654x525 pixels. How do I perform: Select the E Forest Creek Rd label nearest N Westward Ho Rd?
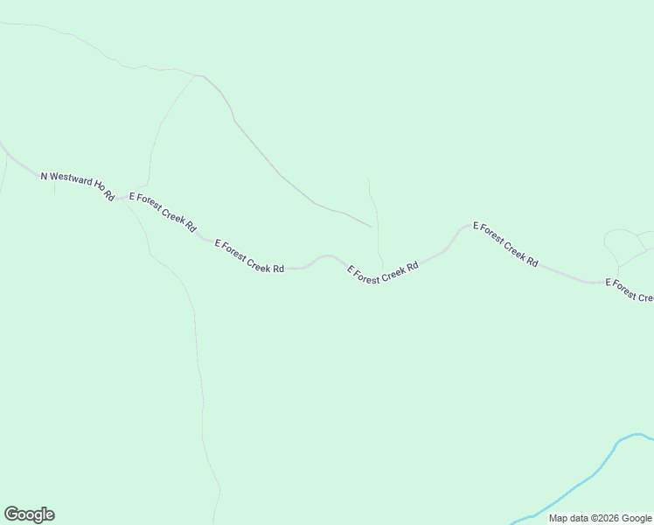(x=163, y=211)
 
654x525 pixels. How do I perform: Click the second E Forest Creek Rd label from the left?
(x=249, y=256)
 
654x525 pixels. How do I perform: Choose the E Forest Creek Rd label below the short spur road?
(x=383, y=272)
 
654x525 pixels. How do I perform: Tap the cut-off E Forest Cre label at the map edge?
(x=630, y=291)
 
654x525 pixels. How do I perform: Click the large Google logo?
(x=29, y=514)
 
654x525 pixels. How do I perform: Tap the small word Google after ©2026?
(x=637, y=518)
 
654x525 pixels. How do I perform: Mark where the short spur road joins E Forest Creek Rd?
(x=382, y=268)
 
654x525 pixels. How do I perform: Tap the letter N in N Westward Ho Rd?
(x=44, y=176)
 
